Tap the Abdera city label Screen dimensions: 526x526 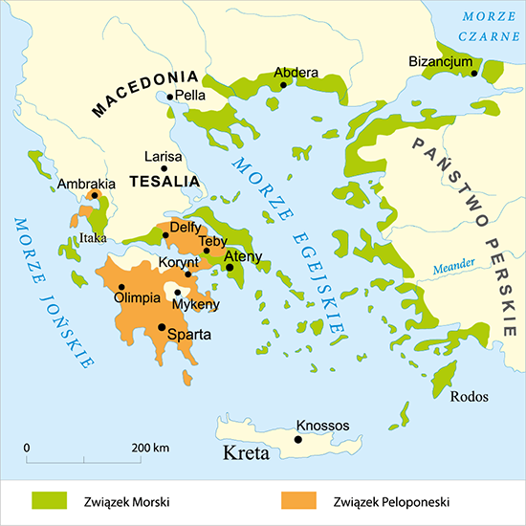click(296, 72)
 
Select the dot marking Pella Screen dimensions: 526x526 click(170, 97)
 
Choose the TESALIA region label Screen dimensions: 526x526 click(163, 180)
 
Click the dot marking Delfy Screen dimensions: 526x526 click(165, 235)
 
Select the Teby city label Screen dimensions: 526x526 click(212, 241)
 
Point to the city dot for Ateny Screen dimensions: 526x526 click(230, 268)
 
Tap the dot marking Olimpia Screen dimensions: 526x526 click(121, 286)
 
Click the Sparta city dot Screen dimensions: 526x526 click(161, 327)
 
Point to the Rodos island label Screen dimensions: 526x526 click(469, 396)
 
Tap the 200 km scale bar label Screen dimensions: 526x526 click(150, 447)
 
